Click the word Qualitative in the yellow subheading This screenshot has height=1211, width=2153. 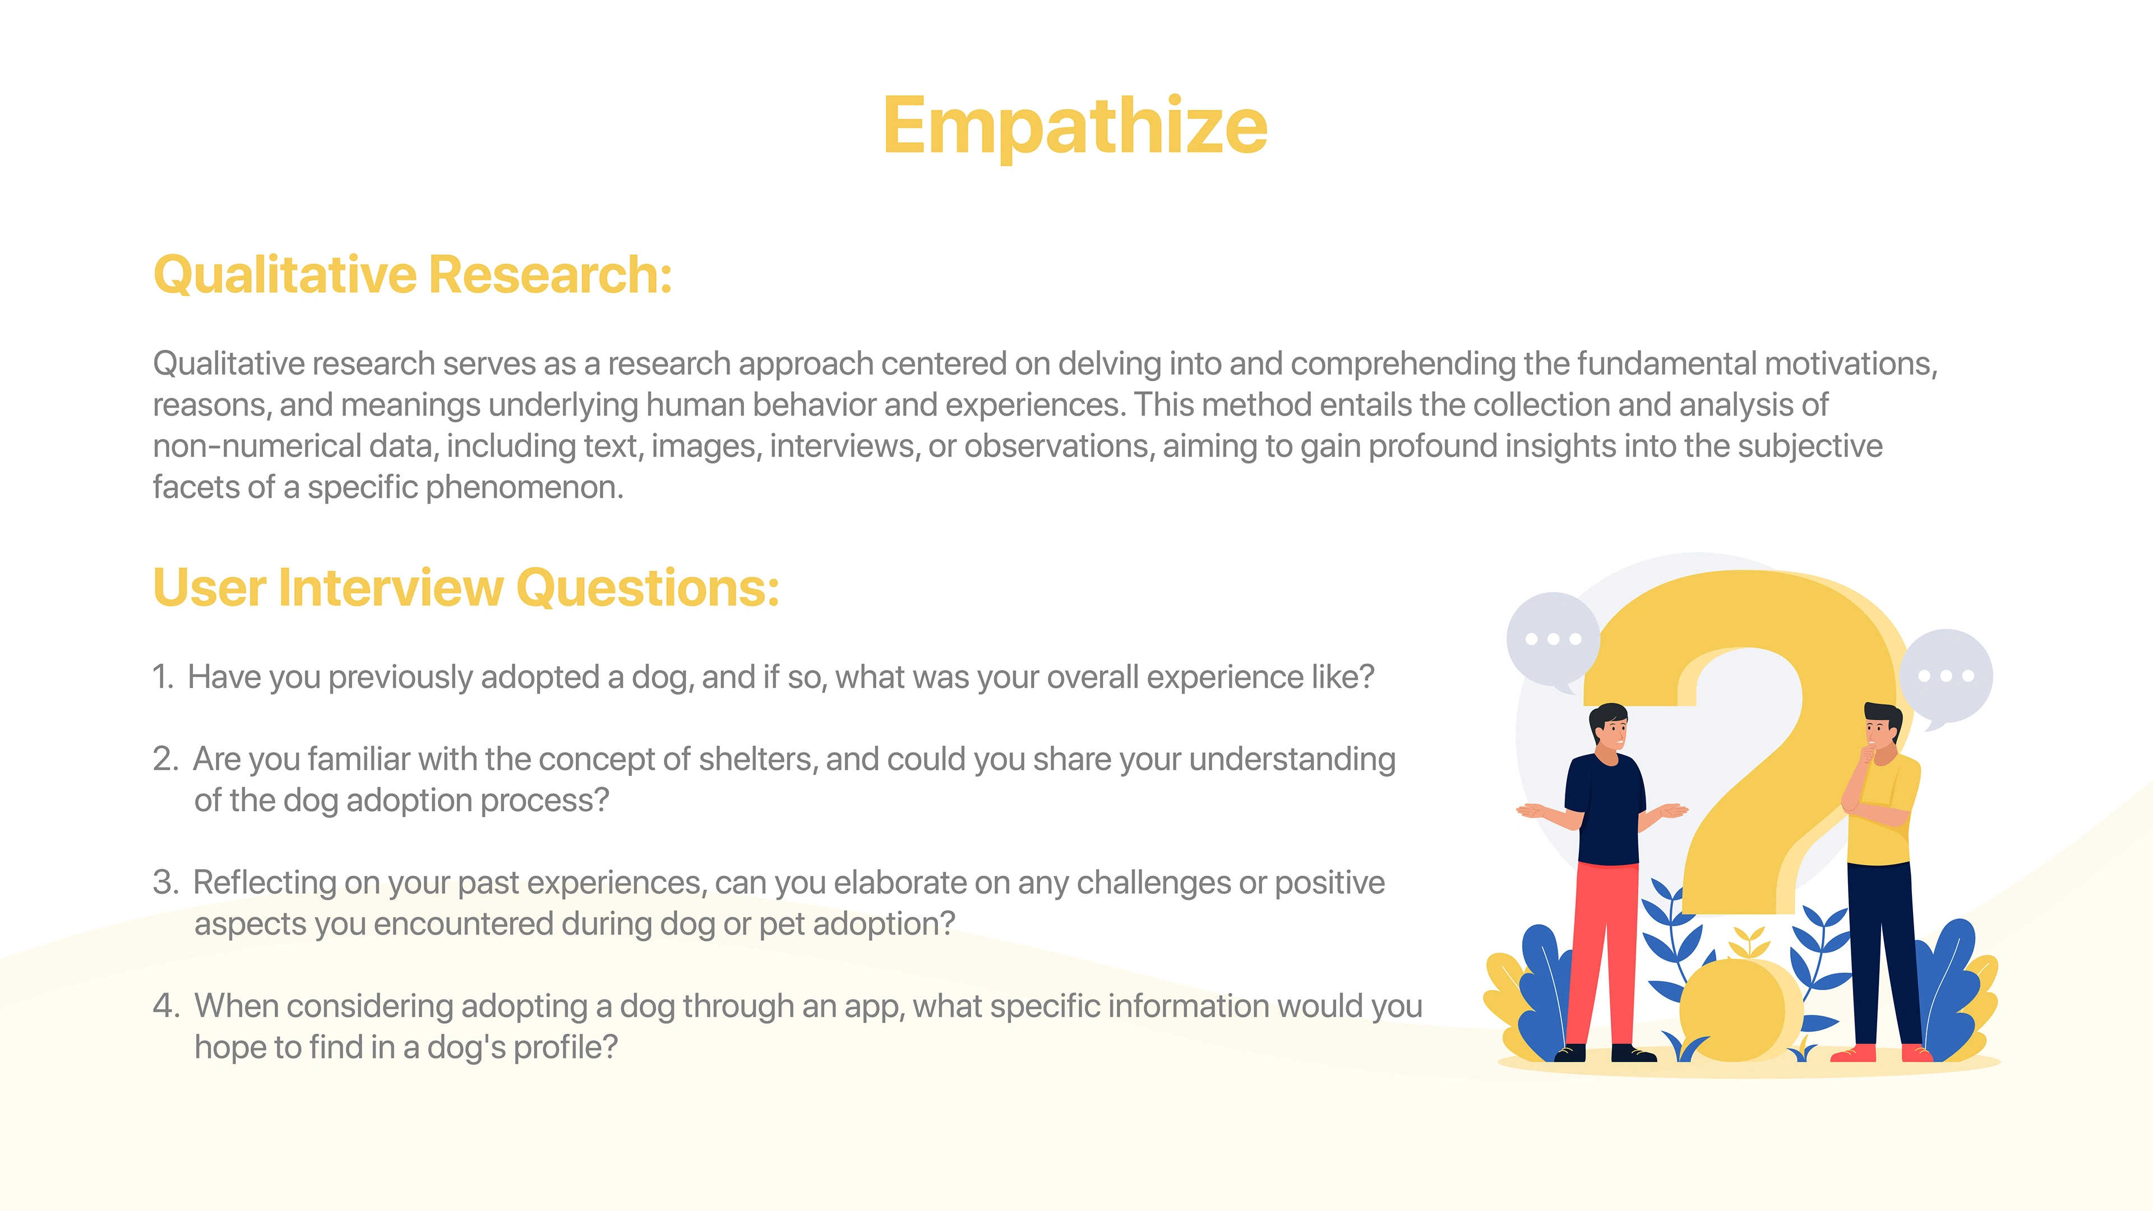pos(285,276)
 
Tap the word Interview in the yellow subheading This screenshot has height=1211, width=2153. pos(390,588)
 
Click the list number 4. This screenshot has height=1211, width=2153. pos(165,1005)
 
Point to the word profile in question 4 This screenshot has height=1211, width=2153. pos(564,1048)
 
